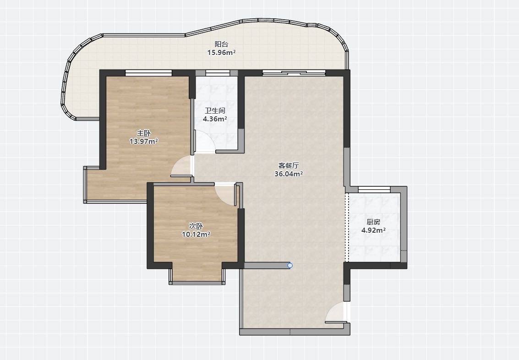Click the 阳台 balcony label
(x=221, y=44)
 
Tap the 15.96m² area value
(x=221, y=52)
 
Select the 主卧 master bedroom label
(x=144, y=133)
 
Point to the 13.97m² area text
(x=144, y=141)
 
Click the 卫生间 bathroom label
(x=215, y=111)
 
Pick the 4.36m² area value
(x=215, y=119)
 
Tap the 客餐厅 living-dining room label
(x=289, y=165)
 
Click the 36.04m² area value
(x=289, y=174)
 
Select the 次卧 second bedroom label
(x=196, y=226)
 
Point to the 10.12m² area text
(x=196, y=234)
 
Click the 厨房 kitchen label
(x=373, y=222)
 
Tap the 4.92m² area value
(x=373, y=230)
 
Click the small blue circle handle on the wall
(x=290, y=265)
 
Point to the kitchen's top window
(x=374, y=190)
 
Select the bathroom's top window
(x=218, y=73)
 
